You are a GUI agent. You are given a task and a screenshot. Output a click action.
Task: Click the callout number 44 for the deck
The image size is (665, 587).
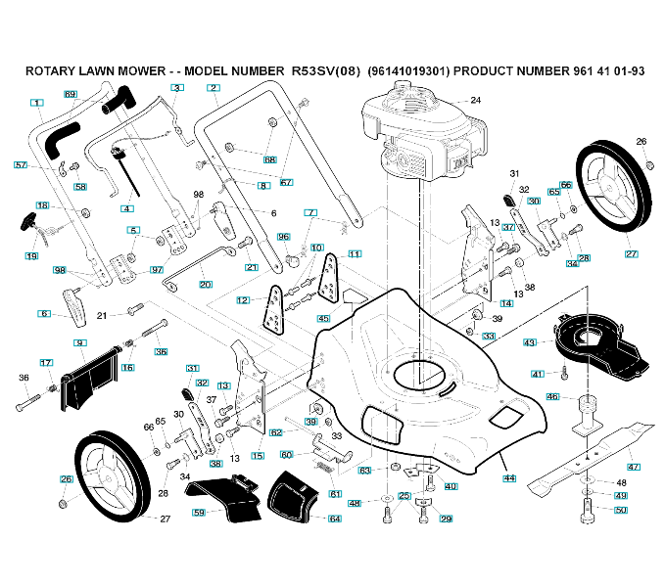click(509, 478)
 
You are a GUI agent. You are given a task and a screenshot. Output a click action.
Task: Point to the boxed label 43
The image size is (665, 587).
click(530, 342)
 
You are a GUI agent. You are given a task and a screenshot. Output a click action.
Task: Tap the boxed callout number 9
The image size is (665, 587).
click(80, 342)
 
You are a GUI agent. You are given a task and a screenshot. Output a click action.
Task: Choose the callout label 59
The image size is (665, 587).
click(199, 512)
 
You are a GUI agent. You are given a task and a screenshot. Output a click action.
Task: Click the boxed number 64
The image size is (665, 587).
click(335, 518)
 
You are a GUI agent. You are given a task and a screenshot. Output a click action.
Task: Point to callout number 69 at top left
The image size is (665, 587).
click(71, 94)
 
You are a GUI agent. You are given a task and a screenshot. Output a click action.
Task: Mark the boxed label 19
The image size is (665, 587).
click(31, 256)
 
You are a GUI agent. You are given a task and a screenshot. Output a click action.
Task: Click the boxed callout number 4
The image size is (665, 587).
click(127, 208)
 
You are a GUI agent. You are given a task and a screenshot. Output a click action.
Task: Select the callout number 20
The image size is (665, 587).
click(205, 285)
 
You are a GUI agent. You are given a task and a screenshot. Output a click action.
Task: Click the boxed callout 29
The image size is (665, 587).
click(447, 519)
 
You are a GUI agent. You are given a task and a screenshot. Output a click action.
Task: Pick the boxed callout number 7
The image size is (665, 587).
click(310, 212)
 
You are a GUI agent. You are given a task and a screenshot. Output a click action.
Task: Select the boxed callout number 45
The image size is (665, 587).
click(322, 319)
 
